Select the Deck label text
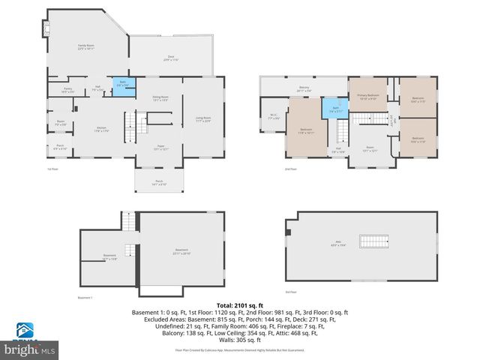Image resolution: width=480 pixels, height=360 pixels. click(171, 58)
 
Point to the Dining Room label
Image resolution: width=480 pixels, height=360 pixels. click(160, 98)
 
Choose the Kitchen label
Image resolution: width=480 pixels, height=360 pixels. click(102, 129)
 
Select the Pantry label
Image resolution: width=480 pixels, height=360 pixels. click(67, 90)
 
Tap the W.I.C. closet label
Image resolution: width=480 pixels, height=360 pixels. click(274, 116)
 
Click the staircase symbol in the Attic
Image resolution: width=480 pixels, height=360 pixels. click(373, 241)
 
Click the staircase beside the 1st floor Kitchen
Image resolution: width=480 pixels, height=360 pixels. click(134, 122)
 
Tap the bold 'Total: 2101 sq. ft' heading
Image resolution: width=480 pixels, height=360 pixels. click(239, 304)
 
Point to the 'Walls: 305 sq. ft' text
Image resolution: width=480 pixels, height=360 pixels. click(239, 339)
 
